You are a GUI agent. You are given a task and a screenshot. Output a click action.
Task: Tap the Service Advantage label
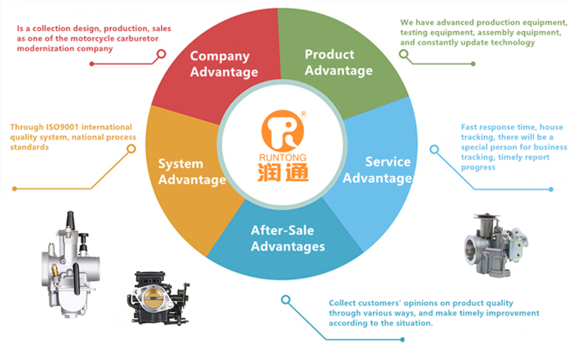pos(377,170)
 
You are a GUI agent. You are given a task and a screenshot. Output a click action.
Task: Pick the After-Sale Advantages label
pos(287,238)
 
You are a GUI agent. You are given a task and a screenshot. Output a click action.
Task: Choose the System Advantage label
pos(191,172)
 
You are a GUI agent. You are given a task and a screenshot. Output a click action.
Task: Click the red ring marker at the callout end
pos(162,54)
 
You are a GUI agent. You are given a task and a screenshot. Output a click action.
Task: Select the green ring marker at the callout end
pos(404,54)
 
